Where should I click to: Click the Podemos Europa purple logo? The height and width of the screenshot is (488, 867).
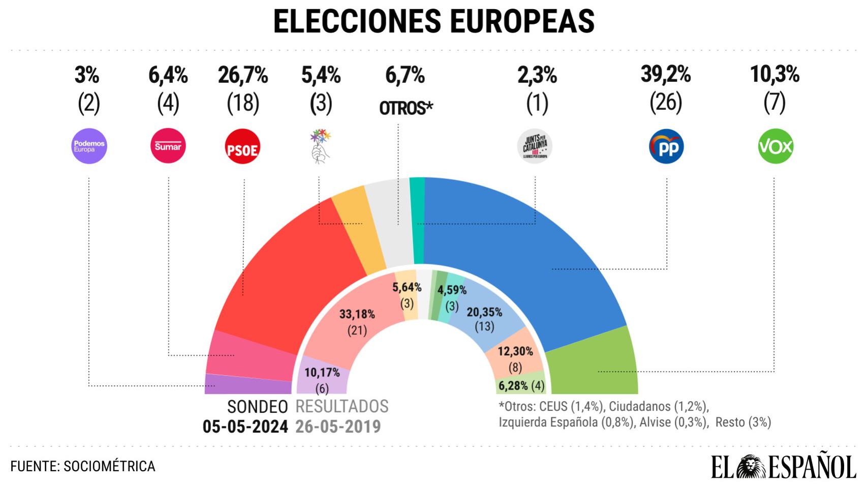click(89, 146)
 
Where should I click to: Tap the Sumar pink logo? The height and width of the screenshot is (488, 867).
click(168, 146)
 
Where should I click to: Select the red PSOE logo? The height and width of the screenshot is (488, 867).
click(242, 147)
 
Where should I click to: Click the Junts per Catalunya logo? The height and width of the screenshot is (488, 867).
click(535, 147)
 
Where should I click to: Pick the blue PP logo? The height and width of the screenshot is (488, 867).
click(666, 147)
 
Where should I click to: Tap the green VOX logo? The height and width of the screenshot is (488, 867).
click(776, 147)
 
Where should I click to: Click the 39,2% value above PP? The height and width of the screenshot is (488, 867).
click(666, 75)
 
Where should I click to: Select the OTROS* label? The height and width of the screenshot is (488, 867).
click(406, 108)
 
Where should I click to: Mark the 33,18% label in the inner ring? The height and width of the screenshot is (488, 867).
click(357, 314)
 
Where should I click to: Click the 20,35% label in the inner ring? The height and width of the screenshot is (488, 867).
click(484, 312)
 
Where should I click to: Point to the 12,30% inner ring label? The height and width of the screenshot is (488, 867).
click(515, 351)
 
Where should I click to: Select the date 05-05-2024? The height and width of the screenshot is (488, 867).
click(245, 426)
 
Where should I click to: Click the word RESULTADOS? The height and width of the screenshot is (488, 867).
click(342, 407)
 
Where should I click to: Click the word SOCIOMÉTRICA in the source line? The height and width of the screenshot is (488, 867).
click(109, 466)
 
